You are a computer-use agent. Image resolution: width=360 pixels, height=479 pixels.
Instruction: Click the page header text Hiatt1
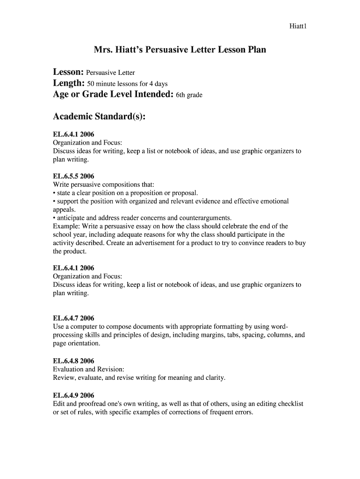pos(297,26)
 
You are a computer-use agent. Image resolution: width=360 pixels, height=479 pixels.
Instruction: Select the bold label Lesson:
pos(68,72)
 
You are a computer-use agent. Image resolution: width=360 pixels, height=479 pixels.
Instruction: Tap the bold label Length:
pos(69,83)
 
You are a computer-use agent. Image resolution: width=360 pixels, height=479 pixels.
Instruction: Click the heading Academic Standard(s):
pos(99,116)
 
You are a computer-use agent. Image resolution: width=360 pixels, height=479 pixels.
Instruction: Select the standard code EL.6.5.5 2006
pos(74,176)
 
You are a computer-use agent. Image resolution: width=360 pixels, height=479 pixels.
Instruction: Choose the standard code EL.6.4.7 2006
pos(74,318)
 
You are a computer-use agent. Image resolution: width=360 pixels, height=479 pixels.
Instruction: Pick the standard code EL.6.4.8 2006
pos(74,361)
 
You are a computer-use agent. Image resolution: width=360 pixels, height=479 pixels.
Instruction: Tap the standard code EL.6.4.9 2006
pos(74,395)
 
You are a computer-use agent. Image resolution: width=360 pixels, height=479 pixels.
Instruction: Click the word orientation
pos(84,343)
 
